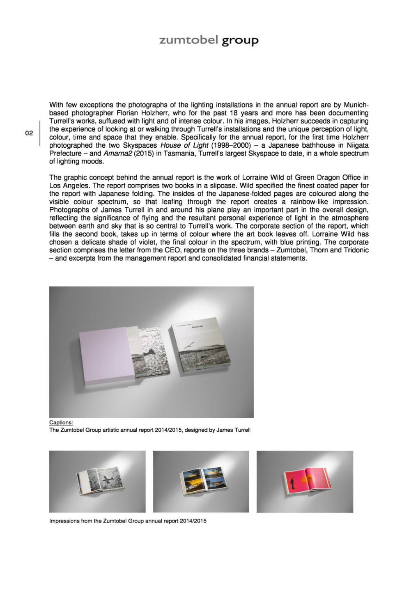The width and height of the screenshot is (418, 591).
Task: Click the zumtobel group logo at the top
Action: (209, 40)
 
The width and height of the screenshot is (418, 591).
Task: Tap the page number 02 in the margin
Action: (29, 133)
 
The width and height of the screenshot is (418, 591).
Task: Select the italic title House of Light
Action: (184, 145)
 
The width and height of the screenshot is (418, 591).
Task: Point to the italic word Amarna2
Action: (115, 153)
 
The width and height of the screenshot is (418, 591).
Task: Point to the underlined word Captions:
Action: (61, 422)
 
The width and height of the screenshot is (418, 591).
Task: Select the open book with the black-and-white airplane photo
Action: (97, 481)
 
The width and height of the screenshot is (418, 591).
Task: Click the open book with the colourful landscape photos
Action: (201, 481)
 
